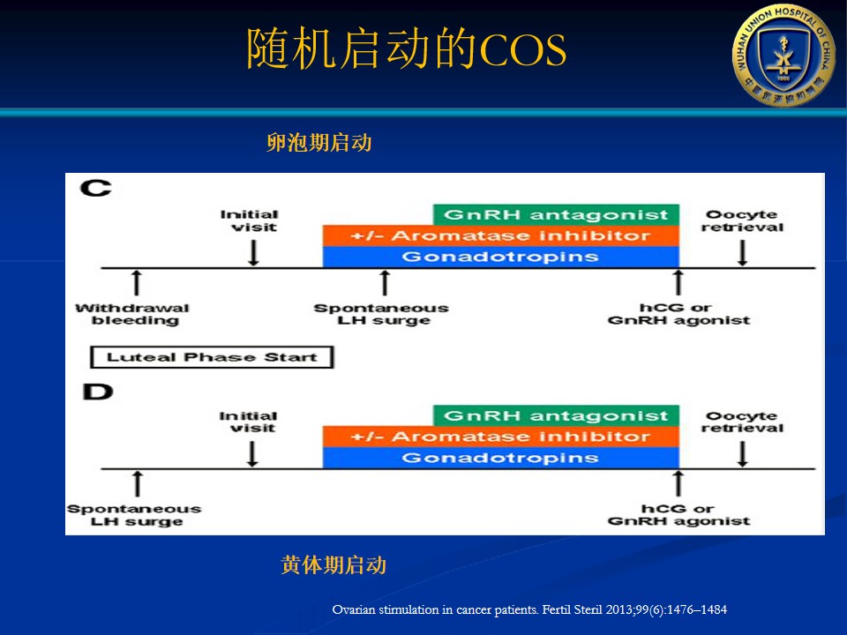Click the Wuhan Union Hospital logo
point(783,55)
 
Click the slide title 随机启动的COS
point(407,50)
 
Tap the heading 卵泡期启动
point(319,143)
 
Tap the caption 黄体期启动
point(334,565)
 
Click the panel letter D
point(97,391)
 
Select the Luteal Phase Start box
point(211,357)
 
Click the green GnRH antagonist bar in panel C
point(556,214)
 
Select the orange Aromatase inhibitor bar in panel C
point(500,235)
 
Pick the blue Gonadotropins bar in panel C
point(500,257)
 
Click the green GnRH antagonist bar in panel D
point(556,415)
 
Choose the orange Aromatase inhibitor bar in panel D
point(500,437)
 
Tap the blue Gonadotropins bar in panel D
point(500,458)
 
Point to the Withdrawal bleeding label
point(132,314)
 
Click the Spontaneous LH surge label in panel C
point(381,314)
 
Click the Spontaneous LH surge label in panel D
point(134,515)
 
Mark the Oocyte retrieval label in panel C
point(743,220)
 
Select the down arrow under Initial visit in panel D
point(253,452)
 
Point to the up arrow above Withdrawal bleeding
point(136,283)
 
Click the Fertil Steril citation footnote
point(529,609)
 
